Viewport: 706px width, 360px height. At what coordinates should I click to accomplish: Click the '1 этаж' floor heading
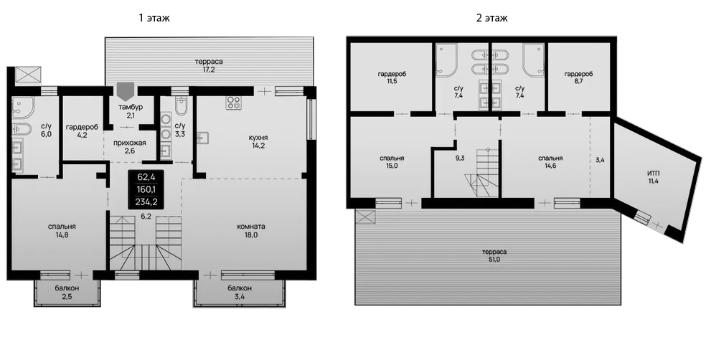tap(154, 16)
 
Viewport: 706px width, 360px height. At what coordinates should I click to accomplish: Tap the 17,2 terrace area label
tap(208, 66)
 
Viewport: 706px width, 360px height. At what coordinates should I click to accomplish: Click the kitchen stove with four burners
tap(234, 103)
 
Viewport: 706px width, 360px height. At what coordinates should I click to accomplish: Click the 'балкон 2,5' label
tap(67, 292)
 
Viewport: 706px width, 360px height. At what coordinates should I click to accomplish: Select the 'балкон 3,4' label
tap(240, 292)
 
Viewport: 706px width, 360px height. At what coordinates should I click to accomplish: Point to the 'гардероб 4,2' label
tap(81, 131)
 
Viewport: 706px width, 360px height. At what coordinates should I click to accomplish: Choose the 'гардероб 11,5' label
tap(392, 78)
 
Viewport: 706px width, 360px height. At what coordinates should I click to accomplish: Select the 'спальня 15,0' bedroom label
tap(392, 162)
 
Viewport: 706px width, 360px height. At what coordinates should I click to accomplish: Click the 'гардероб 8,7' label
tap(578, 78)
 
